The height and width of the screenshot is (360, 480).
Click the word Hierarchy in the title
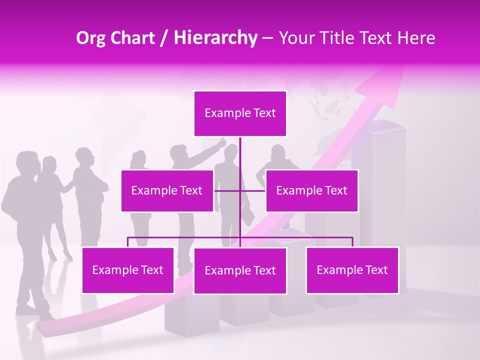pyautogui.click(x=215, y=38)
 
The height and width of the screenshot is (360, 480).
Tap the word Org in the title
pyautogui.click(x=91, y=38)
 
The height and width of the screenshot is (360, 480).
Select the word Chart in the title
pyautogui.click(x=133, y=38)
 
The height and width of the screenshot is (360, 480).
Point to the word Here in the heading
pyautogui.click(x=416, y=38)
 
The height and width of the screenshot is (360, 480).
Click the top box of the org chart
pyautogui.click(x=240, y=113)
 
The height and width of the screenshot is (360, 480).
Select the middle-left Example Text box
pyautogui.click(x=167, y=190)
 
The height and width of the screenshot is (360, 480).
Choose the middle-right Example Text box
pyautogui.click(x=311, y=190)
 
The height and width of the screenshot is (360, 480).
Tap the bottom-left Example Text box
pyautogui.click(x=127, y=270)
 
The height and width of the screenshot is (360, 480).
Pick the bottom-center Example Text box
pyautogui.click(x=240, y=270)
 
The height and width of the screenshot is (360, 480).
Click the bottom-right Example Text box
pyautogui.click(x=352, y=270)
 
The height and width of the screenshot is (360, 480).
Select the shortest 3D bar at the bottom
pyautogui.click(x=192, y=315)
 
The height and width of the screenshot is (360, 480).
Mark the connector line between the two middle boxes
pyautogui.click(x=239, y=190)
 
